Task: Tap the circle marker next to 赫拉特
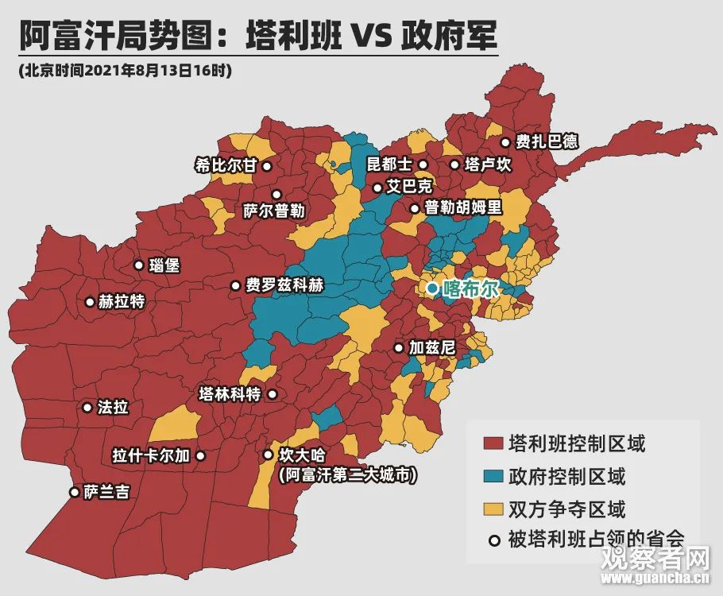pos(89,302)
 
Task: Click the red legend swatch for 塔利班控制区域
pos(493,443)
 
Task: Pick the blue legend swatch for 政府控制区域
pos(493,476)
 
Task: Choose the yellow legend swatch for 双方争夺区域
pos(493,509)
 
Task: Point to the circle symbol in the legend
pos(493,540)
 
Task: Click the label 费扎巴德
pos(547,142)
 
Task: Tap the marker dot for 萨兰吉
pos(75,492)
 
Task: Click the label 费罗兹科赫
pos(284,286)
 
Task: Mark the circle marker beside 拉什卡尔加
pos(200,456)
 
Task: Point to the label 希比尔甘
pos(226,166)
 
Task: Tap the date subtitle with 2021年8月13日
pos(125,71)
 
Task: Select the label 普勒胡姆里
pos(463,208)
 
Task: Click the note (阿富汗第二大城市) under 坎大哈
pos(348,475)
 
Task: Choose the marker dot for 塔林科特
pos(273,394)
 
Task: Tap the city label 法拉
pos(112,408)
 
